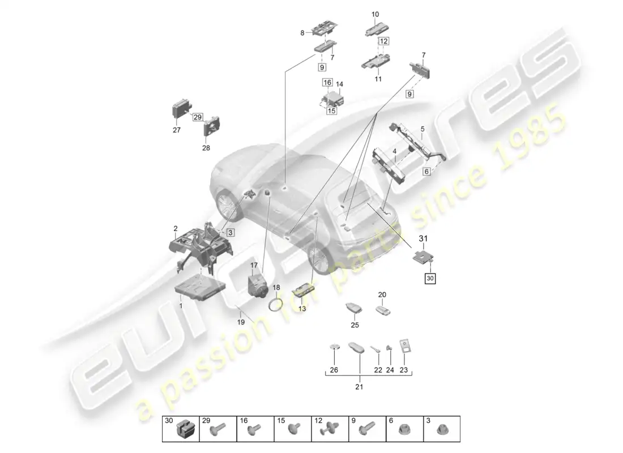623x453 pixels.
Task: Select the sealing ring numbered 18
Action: pos(275,305)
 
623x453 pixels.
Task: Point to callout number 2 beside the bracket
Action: pos(176,228)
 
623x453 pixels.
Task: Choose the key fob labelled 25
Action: pos(355,309)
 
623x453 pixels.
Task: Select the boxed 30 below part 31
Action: pos(431,278)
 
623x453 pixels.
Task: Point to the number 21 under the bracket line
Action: pos(359,387)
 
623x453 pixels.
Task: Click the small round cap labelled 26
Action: pos(334,347)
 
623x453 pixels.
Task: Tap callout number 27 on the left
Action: pos(177,130)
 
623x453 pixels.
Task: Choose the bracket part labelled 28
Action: pos(212,125)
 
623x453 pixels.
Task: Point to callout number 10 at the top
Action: pos(375,14)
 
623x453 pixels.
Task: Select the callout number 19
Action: pos(241,322)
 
